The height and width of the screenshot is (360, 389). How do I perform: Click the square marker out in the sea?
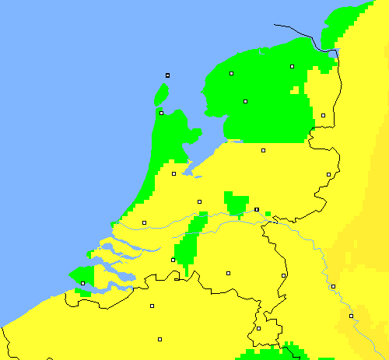pyautogui.click(x=167, y=75)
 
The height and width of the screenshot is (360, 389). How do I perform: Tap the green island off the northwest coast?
pyautogui.click(x=161, y=96)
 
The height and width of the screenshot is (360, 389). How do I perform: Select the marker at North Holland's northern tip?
pyautogui.click(x=161, y=113)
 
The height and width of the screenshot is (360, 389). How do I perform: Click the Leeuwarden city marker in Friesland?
pyautogui.click(x=232, y=74)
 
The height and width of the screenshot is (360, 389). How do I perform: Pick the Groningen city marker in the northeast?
pyautogui.click(x=293, y=67)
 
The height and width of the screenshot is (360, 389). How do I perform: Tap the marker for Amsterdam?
pyautogui.click(x=173, y=173)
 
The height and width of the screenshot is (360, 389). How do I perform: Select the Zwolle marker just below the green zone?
pyautogui.click(x=263, y=150)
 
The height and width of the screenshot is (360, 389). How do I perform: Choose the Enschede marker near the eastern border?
pyautogui.click(x=328, y=174)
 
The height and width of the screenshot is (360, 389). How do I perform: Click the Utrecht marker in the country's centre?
pyautogui.click(x=199, y=201)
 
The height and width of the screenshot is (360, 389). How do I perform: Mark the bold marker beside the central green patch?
pyautogui.click(x=257, y=209)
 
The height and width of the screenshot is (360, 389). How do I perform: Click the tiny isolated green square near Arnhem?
pyautogui.click(x=268, y=213)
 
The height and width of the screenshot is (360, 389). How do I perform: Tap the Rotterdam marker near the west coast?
pyautogui.click(x=144, y=222)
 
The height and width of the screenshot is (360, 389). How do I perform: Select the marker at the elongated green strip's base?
pyautogui.click(x=173, y=260)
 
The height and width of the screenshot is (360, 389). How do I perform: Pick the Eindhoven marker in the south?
pyautogui.click(x=228, y=273)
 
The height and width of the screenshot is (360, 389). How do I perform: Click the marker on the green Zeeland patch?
pyautogui.click(x=82, y=284)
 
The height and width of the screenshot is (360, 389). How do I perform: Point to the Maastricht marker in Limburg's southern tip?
pyautogui.click(x=258, y=328)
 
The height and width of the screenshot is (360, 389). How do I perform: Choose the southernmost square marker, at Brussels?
pyautogui.click(x=160, y=339)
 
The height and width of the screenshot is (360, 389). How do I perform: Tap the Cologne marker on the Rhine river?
pyautogui.click(x=351, y=316)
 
